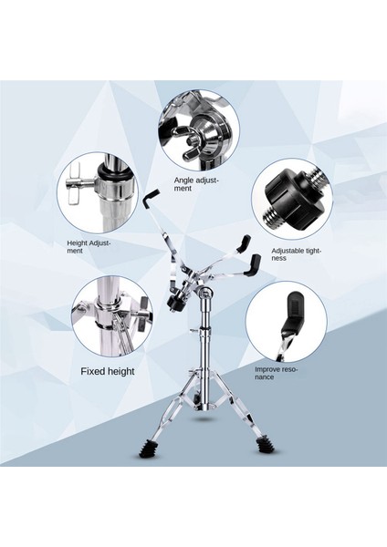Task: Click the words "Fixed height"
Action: (x=109, y=371)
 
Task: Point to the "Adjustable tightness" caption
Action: (x=295, y=253)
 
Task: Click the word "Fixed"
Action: (x=91, y=371)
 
